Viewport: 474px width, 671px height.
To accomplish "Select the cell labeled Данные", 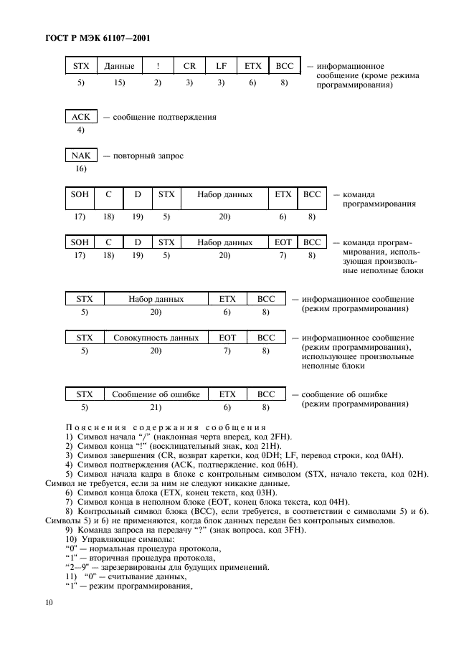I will [119, 66].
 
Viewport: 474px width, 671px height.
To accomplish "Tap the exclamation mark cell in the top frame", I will [158, 66].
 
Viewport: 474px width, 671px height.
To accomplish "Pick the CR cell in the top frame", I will [189, 66].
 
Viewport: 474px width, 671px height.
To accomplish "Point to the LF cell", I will [221, 66].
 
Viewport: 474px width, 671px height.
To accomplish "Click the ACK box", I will [80, 117].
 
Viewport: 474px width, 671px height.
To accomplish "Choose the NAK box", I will [80, 156].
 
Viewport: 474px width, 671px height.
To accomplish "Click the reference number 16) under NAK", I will [80, 169].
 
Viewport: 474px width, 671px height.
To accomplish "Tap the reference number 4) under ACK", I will [80, 130].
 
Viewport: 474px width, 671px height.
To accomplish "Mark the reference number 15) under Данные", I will [119, 83].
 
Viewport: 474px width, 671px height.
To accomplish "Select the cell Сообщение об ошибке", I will [156, 394].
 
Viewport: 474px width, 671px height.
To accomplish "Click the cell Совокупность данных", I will [156, 337].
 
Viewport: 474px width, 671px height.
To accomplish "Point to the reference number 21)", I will [156, 407].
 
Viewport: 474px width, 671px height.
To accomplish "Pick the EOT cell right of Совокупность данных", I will [227, 337].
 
